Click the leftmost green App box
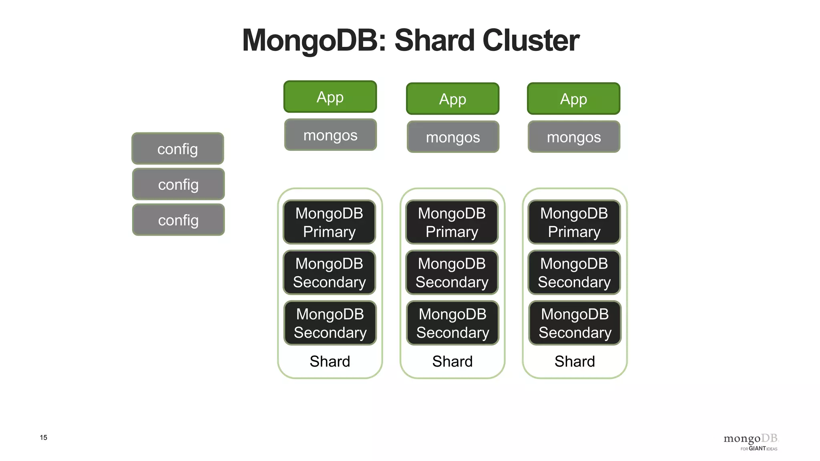(x=330, y=97)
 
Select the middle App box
(x=452, y=99)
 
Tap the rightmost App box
(x=573, y=99)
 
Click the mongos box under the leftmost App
(x=330, y=135)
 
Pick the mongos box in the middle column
(x=453, y=137)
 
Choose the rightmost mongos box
(x=574, y=137)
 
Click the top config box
(x=177, y=148)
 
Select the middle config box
(x=178, y=184)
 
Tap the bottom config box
(x=178, y=220)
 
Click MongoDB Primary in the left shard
(x=329, y=222)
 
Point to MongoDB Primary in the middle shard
(x=452, y=222)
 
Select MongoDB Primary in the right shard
(x=574, y=222)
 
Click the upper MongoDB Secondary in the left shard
(x=329, y=273)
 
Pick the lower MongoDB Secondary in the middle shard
(x=452, y=323)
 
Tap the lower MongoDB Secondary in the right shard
(x=575, y=323)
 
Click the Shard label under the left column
(x=330, y=361)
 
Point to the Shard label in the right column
(x=575, y=361)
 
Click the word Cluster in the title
(x=531, y=40)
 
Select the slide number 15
(x=43, y=437)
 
